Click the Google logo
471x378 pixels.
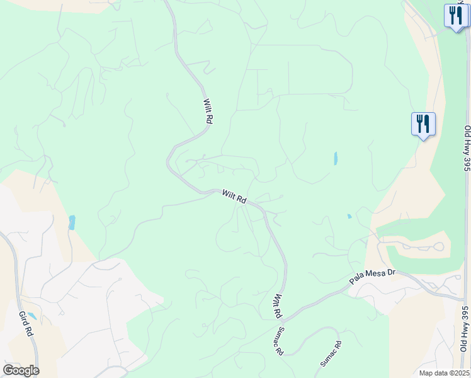(x=21, y=370)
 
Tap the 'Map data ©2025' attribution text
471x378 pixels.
(x=443, y=373)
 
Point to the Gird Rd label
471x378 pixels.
(x=26, y=324)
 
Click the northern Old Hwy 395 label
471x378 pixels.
(x=467, y=148)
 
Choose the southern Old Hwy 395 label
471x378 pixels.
(x=465, y=327)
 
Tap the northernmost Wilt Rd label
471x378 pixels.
(x=207, y=110)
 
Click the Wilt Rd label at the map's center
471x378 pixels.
(x=234, y=196)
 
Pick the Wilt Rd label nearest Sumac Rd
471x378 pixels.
(x=276, y=306)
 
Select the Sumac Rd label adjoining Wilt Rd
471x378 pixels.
(x=279, y=340)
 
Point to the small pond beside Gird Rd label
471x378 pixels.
(x=31, y=316)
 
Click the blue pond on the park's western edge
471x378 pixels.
(x=72, y=222)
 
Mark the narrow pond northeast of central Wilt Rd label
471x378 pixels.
(x=336, y=158)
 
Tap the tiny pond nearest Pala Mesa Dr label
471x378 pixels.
(x=349, y=217)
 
